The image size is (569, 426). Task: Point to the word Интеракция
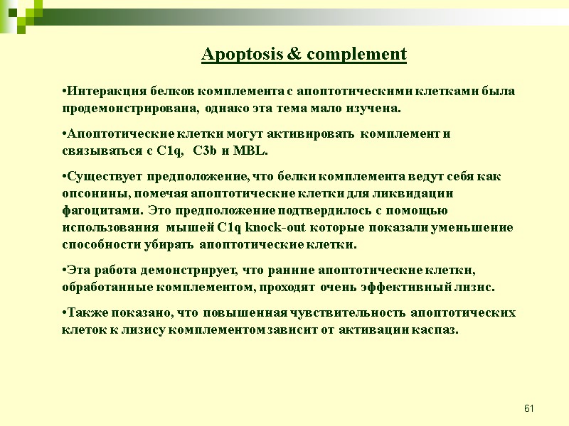tap(96, 92)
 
